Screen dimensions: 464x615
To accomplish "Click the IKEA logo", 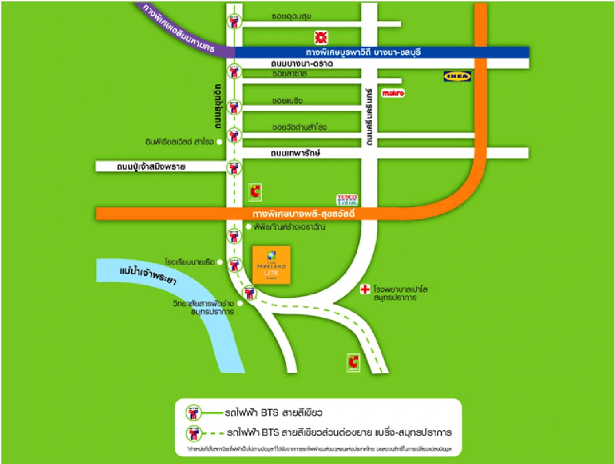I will [x=457, y=76].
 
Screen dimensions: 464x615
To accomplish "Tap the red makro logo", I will [x=393, y=93].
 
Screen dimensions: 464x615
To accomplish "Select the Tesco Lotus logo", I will [x=346, y=200].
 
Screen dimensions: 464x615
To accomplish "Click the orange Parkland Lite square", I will [x=271, y=264].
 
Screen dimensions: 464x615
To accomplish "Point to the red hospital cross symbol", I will [x=365, y=290].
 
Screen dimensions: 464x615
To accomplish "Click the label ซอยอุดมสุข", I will [x=292, y=16].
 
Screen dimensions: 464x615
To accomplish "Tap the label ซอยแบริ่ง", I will [x=288, y=101].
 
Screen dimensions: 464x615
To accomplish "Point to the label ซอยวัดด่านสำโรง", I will [x=299, y=127].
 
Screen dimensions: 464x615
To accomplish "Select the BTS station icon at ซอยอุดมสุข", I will [x=234, y=21].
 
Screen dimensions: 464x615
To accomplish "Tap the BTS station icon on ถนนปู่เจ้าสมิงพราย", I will [x=234, y=167].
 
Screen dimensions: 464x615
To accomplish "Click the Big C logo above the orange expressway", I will [x=255, y=193].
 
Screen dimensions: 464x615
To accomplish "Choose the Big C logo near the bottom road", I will [x=353, y=362].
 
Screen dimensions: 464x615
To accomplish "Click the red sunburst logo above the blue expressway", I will [x=321, y=37].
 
